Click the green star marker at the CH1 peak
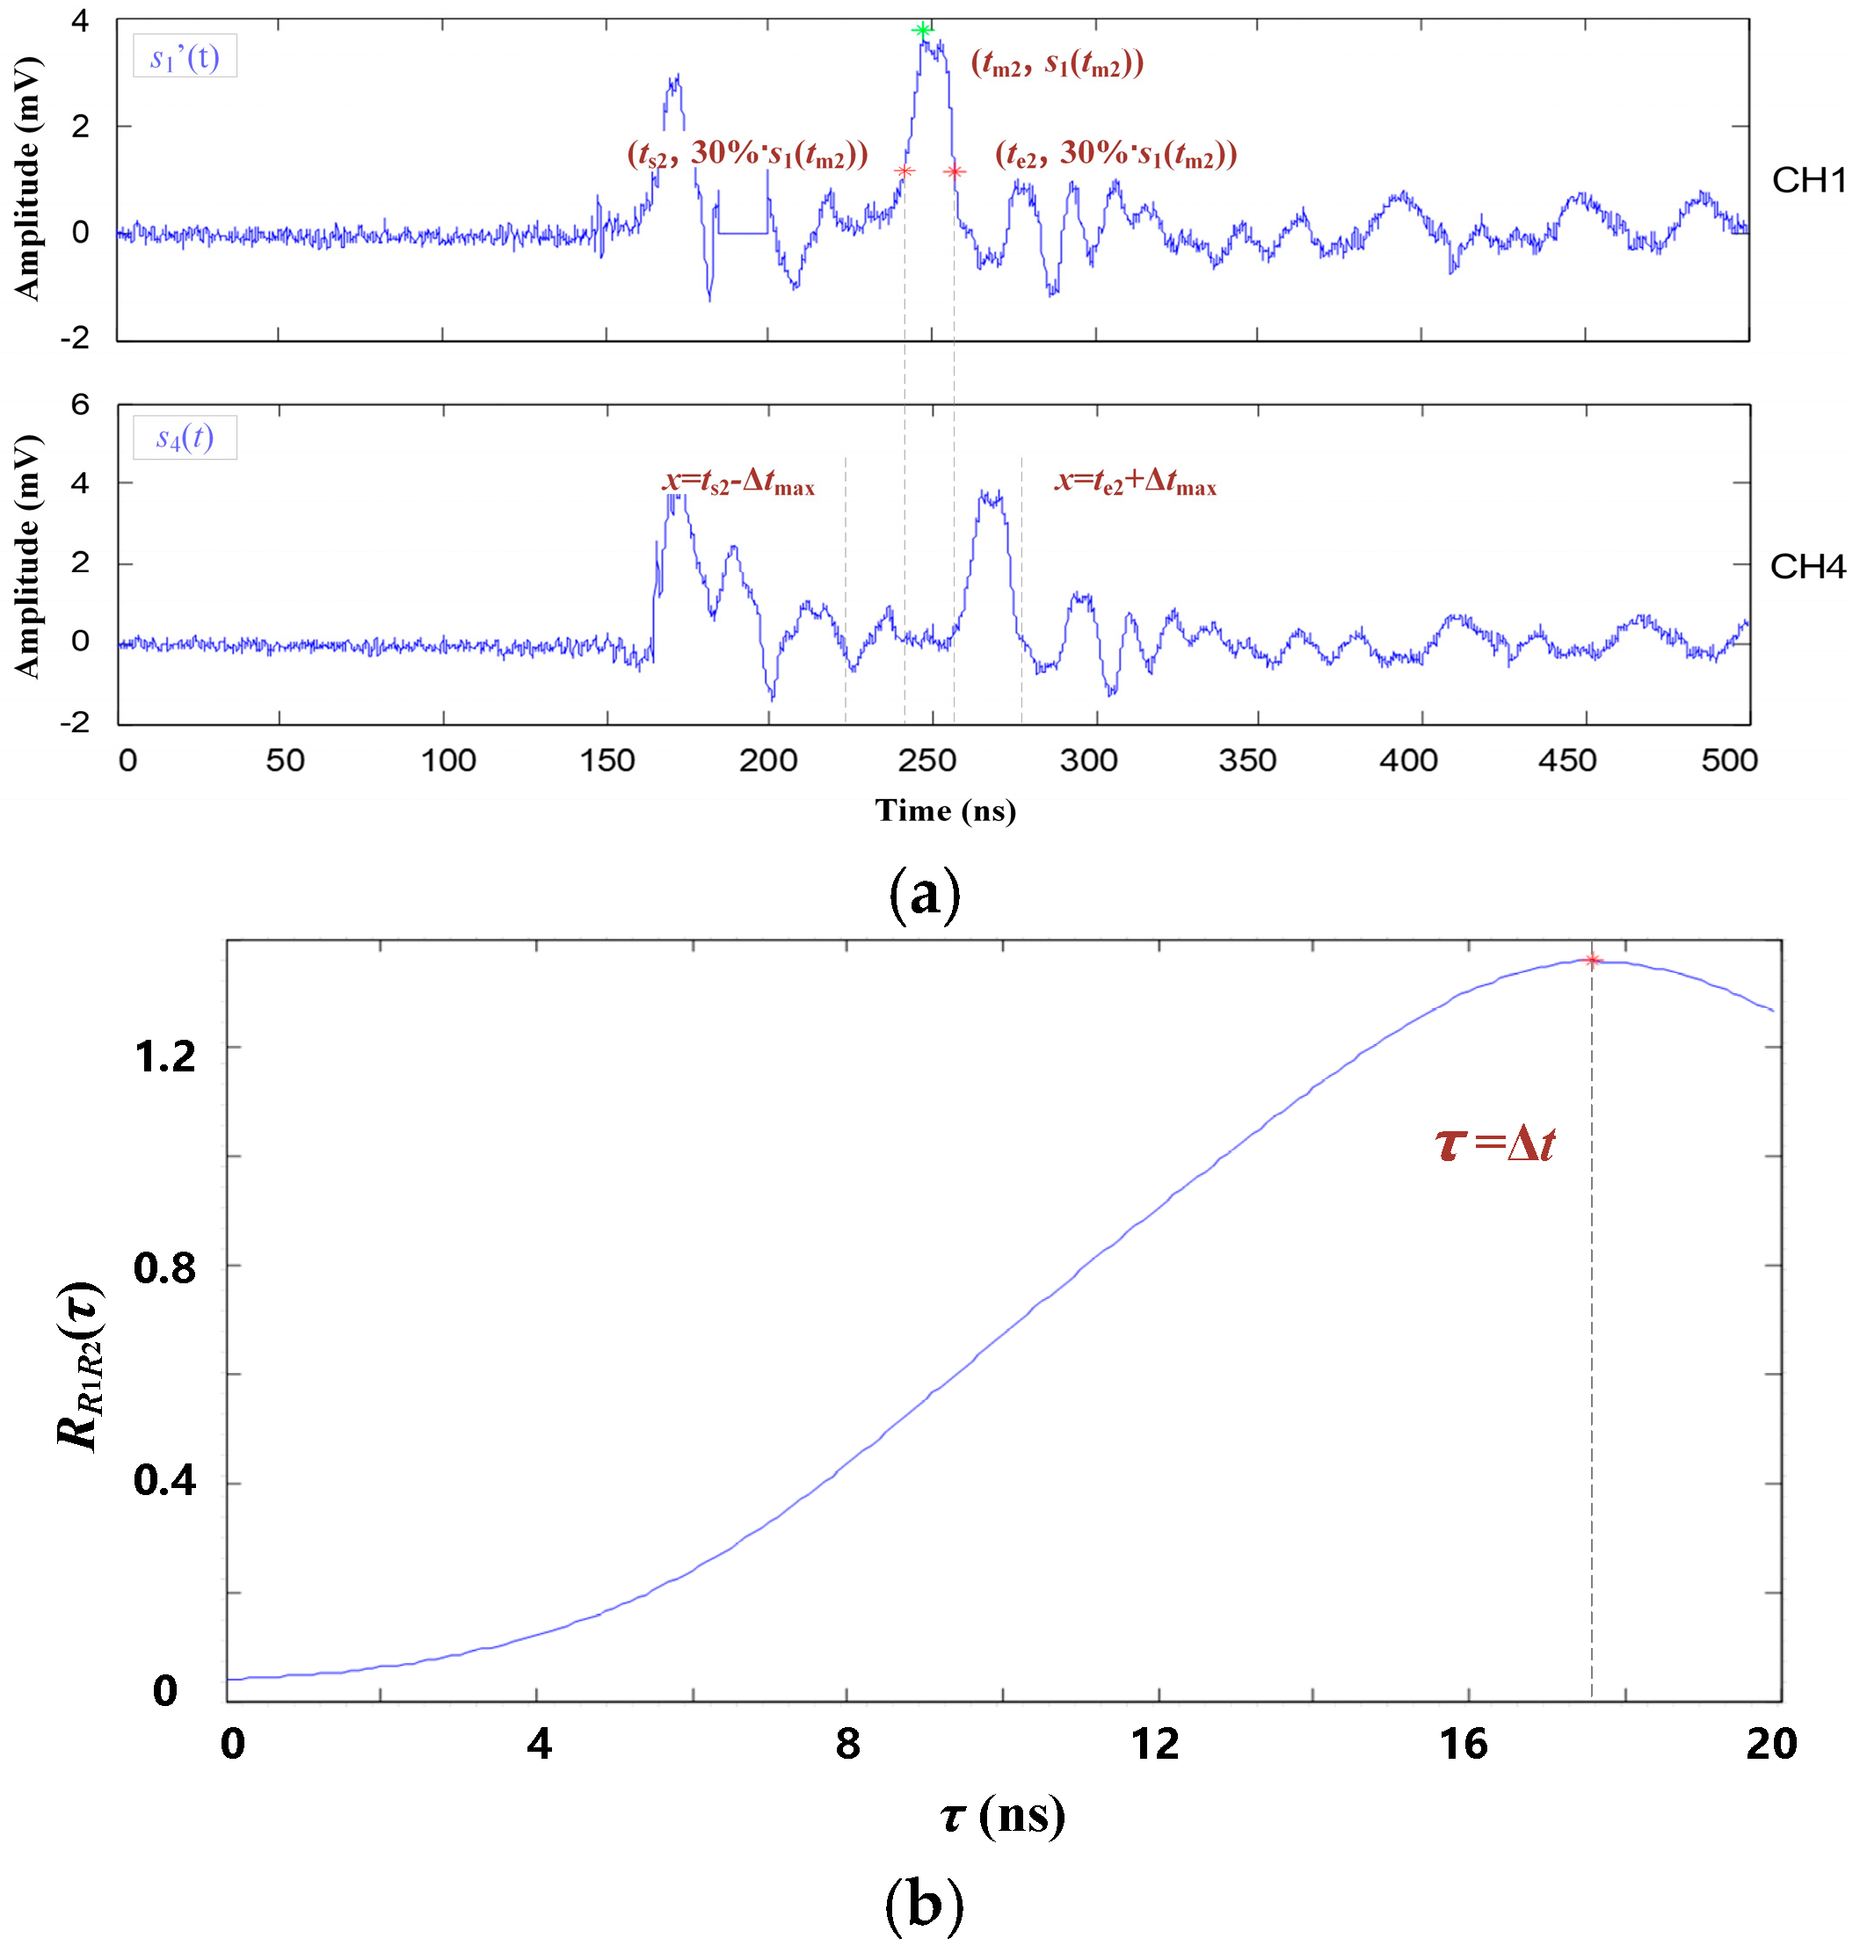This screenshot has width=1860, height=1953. point(923,30)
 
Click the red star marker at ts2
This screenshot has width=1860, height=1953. point(905,171)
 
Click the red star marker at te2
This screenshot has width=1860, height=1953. point(954,171)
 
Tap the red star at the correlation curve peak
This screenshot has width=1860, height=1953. point(1592,960)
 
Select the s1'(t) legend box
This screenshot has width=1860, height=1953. point(185,56)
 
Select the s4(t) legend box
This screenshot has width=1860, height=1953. point(185,437)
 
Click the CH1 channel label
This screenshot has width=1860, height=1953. point(1808,180)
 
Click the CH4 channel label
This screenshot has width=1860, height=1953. point(1807,566)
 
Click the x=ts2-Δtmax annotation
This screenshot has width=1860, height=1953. point(738,483)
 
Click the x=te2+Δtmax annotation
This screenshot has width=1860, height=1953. point(1135,483)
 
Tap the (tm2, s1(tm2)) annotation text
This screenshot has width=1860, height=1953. point(1057,64)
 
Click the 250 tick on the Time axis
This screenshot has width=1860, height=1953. point(927,760)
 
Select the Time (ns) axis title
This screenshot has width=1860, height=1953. point(945,810)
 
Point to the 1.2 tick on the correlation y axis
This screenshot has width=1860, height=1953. point(165,1056)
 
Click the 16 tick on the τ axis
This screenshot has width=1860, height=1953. point(1464,1743)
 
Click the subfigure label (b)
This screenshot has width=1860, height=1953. point(924,1904)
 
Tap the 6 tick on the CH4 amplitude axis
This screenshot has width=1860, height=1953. point(79,404)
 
